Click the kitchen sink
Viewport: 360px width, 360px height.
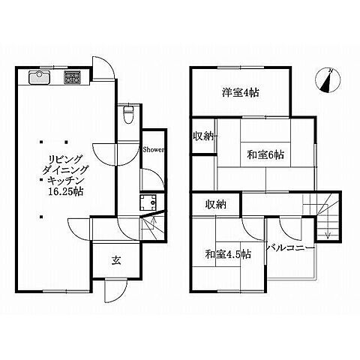click(x=40, y=77)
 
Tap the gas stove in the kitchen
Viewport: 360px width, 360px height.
click(x=73, y=77)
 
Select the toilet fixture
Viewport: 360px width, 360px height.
click(x=128, y=114)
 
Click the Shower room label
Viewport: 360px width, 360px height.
click(x=153, y=150)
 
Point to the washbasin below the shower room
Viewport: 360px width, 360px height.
click(x=148, y=202)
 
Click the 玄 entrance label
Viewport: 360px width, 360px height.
click(x=116, y=260)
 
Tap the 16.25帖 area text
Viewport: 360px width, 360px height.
click(x=65, y=192)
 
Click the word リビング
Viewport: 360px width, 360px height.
click(x=65, y=159)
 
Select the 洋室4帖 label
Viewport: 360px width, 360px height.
click(x=241, y=93)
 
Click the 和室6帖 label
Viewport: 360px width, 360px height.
click(x=265, y=154)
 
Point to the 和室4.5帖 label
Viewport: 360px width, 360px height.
click(x=228, y=254)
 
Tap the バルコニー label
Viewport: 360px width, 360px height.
click(x=290, y=247)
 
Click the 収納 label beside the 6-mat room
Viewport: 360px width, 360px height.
click(x=203, y=136)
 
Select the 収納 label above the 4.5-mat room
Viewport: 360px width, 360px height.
click(x=215, y=204)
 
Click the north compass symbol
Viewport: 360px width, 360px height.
click(x=328, y=80)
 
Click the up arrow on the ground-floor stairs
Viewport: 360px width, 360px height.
click(x=154, y=221)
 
